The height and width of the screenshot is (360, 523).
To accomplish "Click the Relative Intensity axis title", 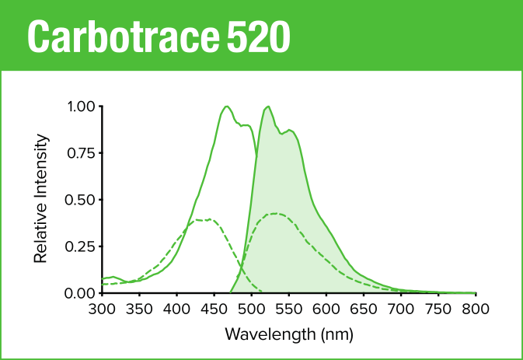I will pyautogui.click(x=43, y=199).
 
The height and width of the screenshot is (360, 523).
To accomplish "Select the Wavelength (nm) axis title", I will pyautogui.click(x=288, y=335).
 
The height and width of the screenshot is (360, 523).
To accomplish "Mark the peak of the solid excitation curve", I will pyautogui.click(x=226, y=107).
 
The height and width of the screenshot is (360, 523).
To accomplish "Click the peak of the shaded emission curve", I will pyautogui.click(x=267, y=107).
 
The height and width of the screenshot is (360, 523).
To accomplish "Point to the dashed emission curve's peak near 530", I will pyautogui.click(x=274, y=213).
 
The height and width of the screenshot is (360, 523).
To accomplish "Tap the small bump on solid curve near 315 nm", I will pyautogui.click(x=113, y=277).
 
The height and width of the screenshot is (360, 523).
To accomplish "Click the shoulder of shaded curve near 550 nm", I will pyautogui.click(x=290, y=130).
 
